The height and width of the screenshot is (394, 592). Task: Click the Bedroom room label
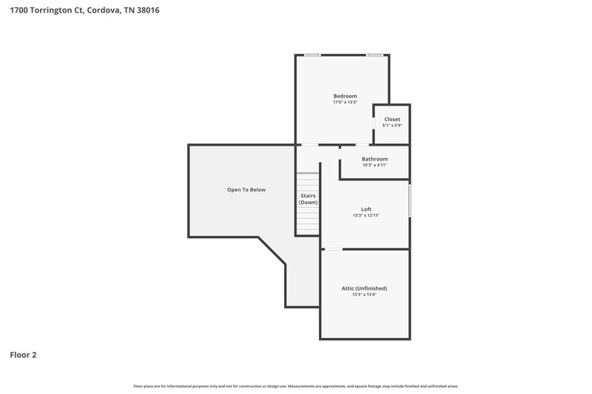(x=345, y=96)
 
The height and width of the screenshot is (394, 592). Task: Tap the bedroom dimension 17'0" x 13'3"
(x=345, y=102)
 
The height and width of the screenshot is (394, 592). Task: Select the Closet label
(x=391, y=119)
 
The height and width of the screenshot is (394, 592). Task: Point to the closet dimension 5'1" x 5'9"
(x=391, y=125)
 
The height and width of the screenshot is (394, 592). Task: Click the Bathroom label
(x=374, y=159)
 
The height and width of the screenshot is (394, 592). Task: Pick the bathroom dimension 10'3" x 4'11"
(x=374, y=165)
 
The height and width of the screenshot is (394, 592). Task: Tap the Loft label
(x=366, y=209)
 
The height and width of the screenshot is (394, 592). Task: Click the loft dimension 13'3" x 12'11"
(x=366, y=216)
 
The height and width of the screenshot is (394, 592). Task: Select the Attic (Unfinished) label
(x=365, y=288)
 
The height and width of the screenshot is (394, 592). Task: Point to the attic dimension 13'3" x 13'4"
(x=365, y=294)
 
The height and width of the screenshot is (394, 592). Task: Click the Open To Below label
(x=246, y=190)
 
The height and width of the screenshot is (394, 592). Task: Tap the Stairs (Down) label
(x=308, y=199)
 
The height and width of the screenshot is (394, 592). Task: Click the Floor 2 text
(x=23, y=355)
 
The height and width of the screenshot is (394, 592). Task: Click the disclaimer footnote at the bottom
(x=296, y=386)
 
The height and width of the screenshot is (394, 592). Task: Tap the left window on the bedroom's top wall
(x=312, y=55)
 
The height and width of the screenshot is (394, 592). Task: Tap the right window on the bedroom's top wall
(x=375, y=55)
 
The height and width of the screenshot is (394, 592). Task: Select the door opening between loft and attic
(x=333, y=249)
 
